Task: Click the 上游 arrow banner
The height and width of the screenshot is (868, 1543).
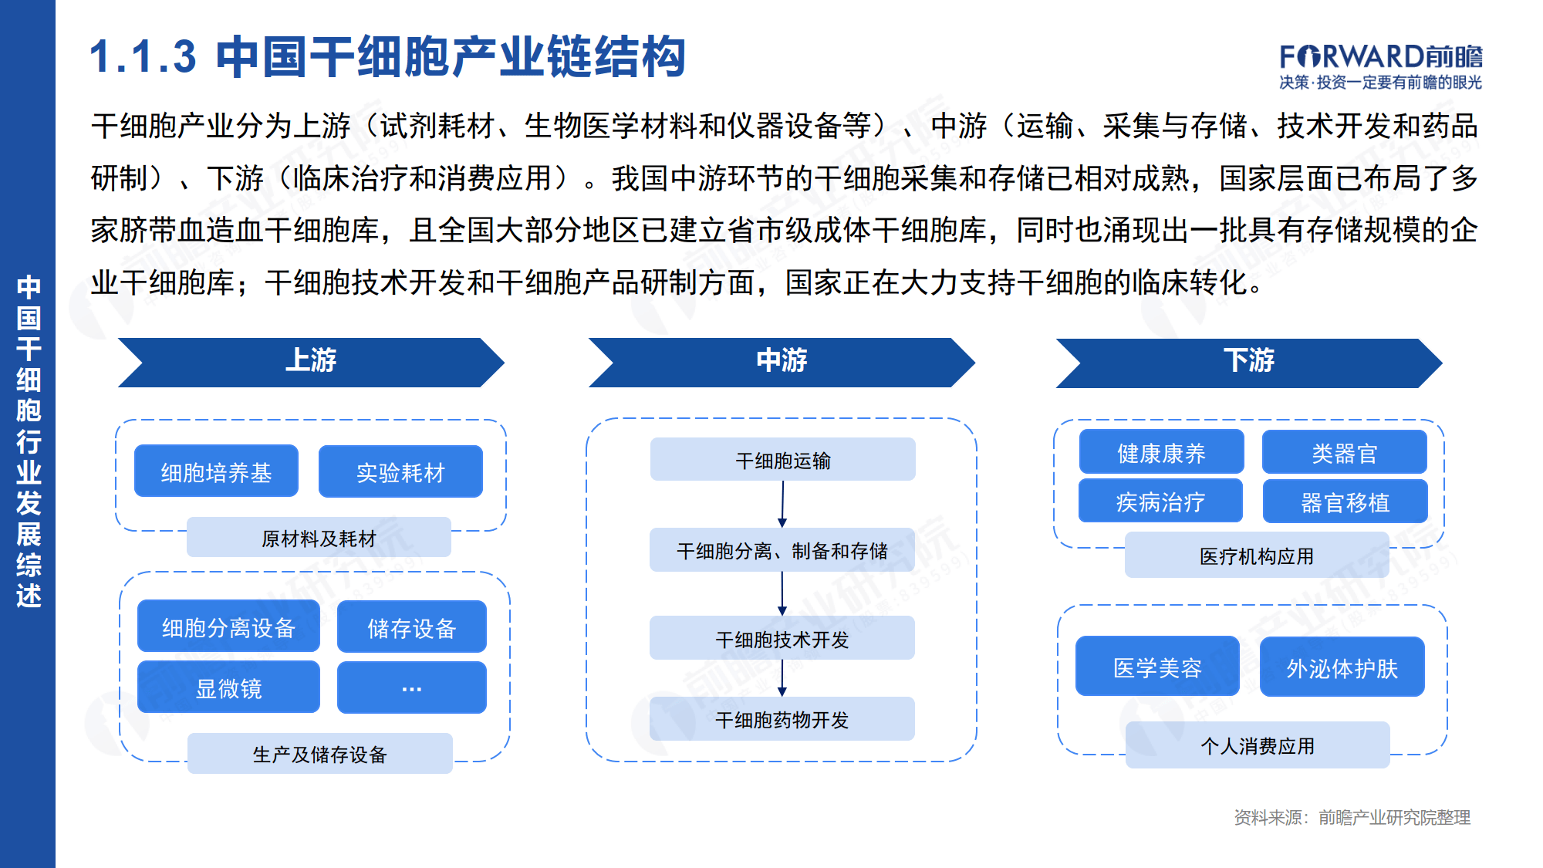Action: click(x=311, y=361)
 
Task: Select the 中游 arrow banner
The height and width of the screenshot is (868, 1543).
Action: click(x=782, y=361)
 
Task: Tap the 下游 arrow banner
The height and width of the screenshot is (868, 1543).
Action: click(x=1248, y=362)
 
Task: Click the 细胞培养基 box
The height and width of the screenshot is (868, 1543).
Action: click(x=216, y=471)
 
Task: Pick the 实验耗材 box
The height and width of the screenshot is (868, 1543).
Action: click(x=400, y=471)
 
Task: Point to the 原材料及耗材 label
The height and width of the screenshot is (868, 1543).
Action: click(x=319, y=538)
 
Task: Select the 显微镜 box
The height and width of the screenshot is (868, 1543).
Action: click(x=228, y=687)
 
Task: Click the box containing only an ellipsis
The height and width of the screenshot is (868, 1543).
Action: click(x=411, y=687)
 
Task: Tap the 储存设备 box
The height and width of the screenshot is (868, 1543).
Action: click(x=411, y=627)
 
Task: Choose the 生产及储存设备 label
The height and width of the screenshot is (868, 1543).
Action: click(x=319, y=754)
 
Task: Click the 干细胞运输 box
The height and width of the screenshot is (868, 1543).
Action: click(x=782, y=460)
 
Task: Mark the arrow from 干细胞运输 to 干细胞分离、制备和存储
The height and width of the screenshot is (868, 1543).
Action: click(x=782, y=504)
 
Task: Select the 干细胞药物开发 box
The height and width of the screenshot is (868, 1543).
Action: click(x=782, y=719)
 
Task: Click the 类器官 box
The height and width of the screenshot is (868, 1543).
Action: click(x=1344, y=452)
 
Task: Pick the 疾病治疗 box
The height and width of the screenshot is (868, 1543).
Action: click(x=1160, y=502)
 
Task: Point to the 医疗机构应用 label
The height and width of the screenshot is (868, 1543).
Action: click(x=1256, y=556)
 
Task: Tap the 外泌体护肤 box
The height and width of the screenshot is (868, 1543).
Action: click(x=1342, y=667)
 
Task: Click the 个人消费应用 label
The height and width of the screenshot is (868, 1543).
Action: click(x=1258, y=745)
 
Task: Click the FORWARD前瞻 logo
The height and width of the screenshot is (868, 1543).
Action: click(x=1380, y=66)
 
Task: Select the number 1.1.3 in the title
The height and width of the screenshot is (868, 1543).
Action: click(x=143, y=57)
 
